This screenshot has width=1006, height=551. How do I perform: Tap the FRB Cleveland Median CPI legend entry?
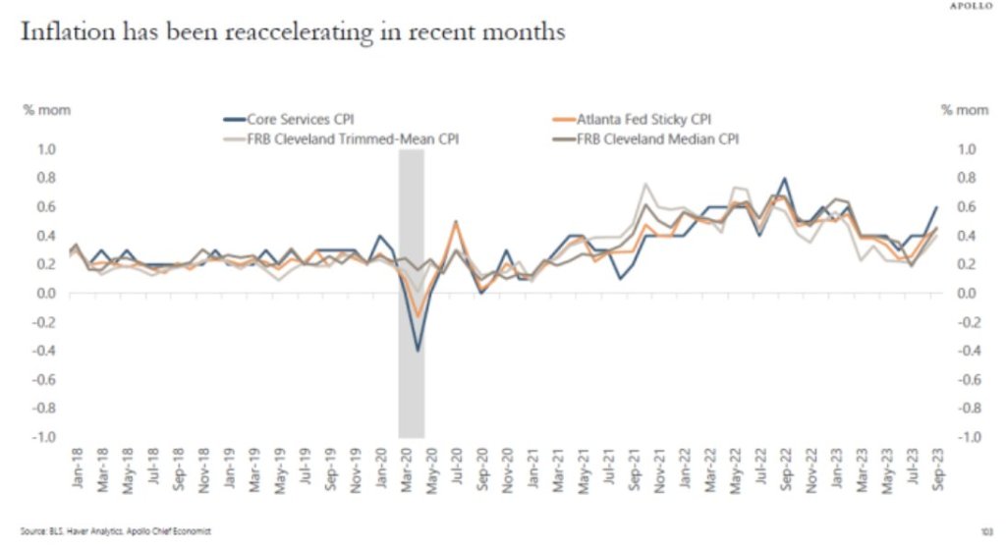[668, 139]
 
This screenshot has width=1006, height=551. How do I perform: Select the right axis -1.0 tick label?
[967, 436]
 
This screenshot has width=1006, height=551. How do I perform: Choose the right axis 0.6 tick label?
[967, 206]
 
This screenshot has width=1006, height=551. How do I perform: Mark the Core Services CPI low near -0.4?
[418, 350]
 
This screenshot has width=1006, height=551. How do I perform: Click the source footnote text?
[116, 531]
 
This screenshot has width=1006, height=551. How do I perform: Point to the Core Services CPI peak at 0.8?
[783, 179]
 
